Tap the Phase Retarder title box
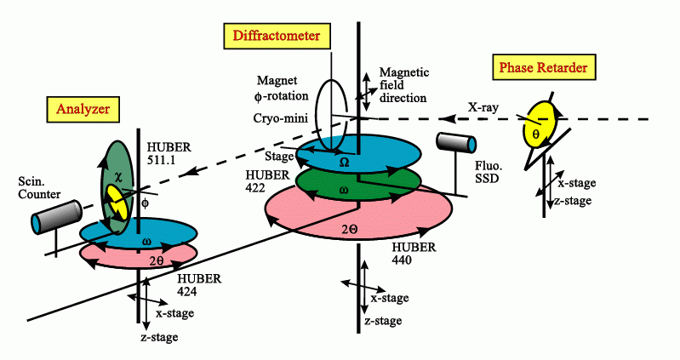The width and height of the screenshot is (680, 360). [545, 66]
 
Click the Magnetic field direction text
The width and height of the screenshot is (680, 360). [403, 86]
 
